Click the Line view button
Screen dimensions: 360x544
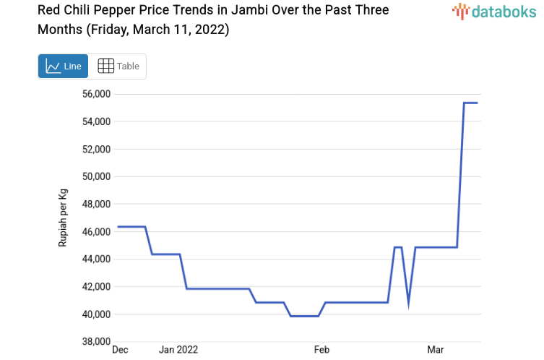(64, 67)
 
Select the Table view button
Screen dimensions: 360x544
(118, 67)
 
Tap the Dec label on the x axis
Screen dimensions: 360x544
(120, 350)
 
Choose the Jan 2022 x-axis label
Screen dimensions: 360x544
(178, 350)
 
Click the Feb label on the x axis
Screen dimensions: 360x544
(321, 350)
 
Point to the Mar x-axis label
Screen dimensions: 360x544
(436, 350)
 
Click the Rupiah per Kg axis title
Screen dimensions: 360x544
(64, 218)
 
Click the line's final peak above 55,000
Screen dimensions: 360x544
(470, 103)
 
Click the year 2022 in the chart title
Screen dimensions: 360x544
(210, 30)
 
